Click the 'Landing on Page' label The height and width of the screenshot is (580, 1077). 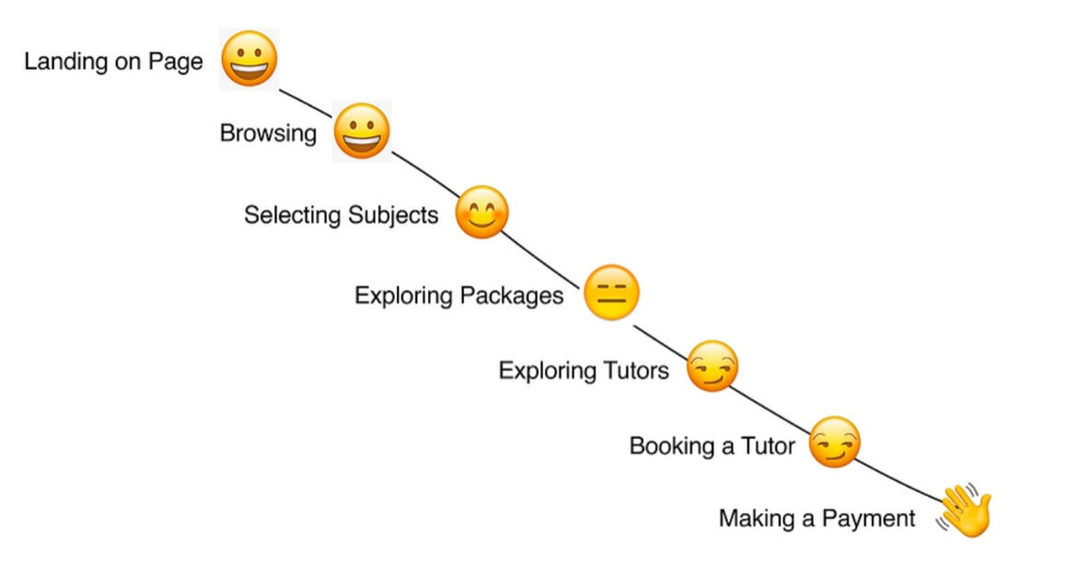(113, 63)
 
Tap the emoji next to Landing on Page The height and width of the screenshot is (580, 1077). (249, 59)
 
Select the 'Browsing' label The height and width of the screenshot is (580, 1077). (268, 133)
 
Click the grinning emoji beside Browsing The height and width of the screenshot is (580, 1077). (362, 132)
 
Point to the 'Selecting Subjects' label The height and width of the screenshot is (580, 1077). (342, 215)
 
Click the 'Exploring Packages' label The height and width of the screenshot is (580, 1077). (458, 296)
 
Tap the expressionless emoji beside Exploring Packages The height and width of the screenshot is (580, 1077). (611, 293)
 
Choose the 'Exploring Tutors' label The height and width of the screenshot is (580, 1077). (584, 371)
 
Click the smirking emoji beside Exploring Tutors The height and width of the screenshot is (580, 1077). (712, 366)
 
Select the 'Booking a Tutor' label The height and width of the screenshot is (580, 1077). (712, 447)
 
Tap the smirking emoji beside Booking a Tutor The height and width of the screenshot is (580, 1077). (834, 442)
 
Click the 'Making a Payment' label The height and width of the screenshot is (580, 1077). (817, 519)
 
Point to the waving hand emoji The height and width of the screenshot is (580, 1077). (966, 511)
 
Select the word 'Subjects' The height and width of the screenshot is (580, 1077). (393, 215)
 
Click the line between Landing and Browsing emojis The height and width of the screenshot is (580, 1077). (306, 102)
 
